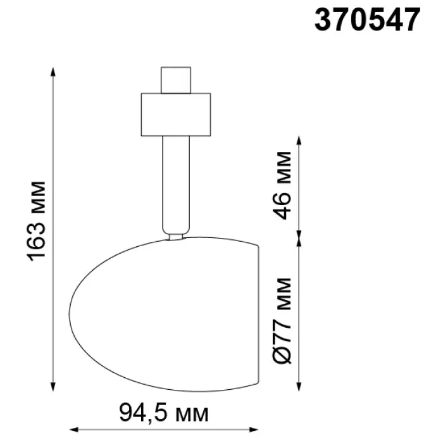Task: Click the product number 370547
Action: pos(368,20)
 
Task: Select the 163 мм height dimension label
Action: pos(37,221)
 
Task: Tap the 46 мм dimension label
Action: pos(282,185)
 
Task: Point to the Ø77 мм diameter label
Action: pos(282,321)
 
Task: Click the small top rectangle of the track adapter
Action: pos(176,80)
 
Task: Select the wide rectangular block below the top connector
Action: pos(176,115)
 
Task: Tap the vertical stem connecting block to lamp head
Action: pos(176,185)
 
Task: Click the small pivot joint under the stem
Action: pos(176,237)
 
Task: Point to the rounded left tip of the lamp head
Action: pos(70,314)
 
